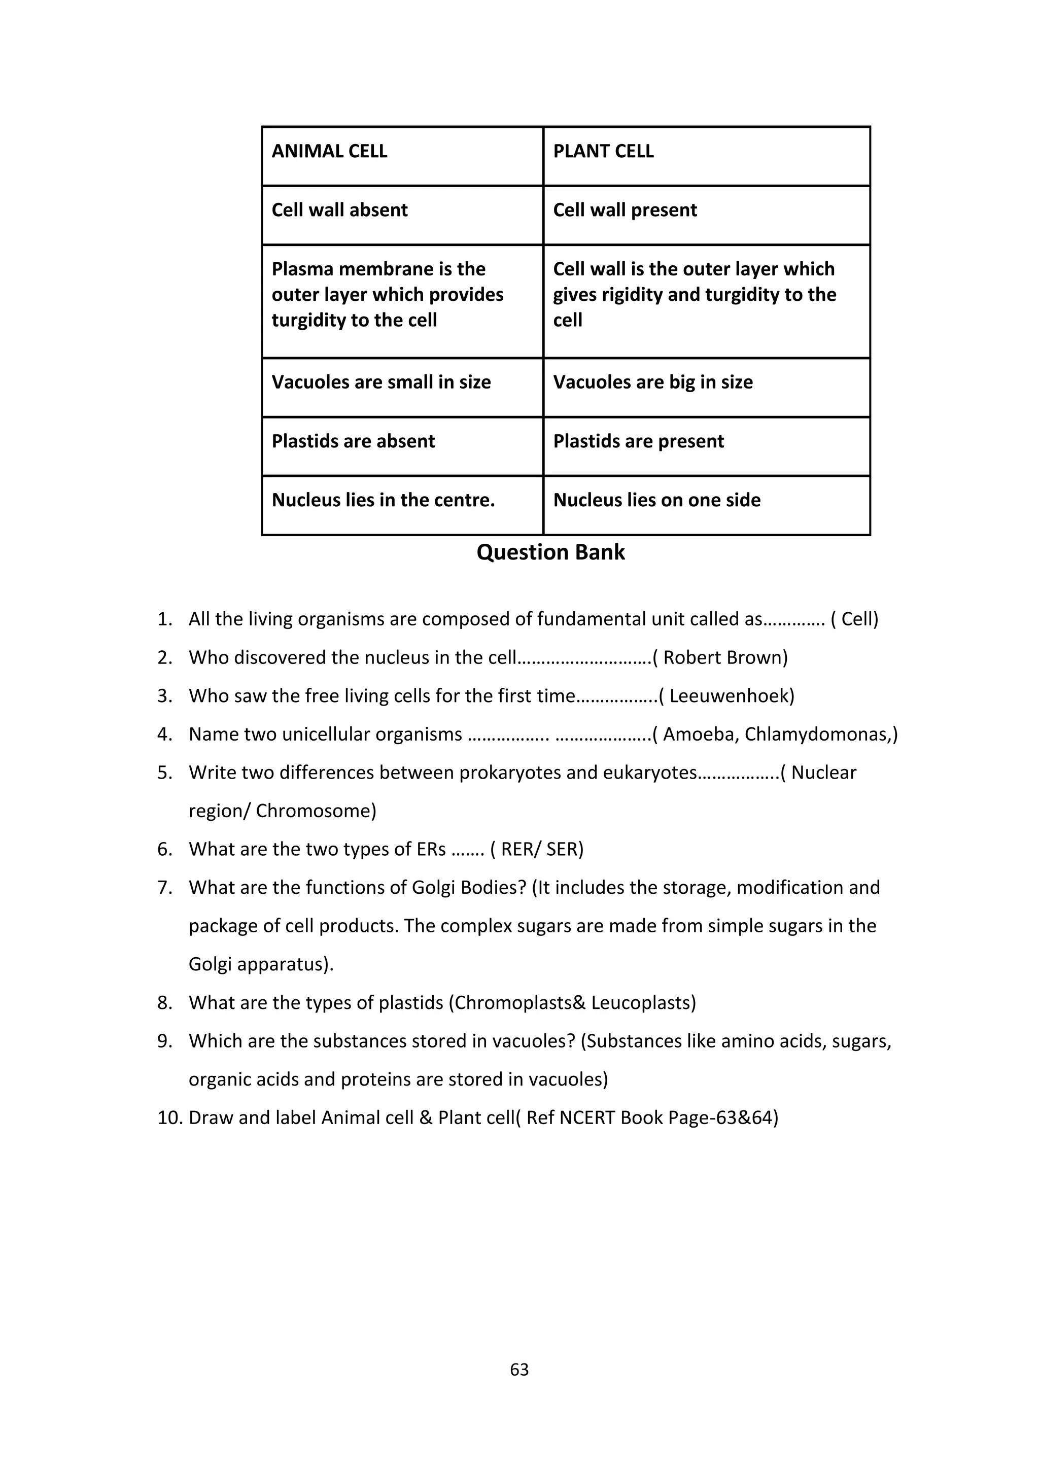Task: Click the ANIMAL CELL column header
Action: pos(329,152)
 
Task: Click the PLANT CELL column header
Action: pos(603,152)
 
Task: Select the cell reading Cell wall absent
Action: pos(340,211)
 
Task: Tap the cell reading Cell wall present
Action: pos(625,211)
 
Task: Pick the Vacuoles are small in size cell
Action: pos(382,382)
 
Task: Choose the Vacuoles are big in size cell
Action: pos(652,382)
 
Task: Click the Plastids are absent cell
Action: pos(353,441)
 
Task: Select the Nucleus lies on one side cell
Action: pos(657,500)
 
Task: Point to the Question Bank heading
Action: pos(551,553)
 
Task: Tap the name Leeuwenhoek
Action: pos(731,696)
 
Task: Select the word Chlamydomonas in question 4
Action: pos(816,734)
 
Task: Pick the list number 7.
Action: pos(164,888)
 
